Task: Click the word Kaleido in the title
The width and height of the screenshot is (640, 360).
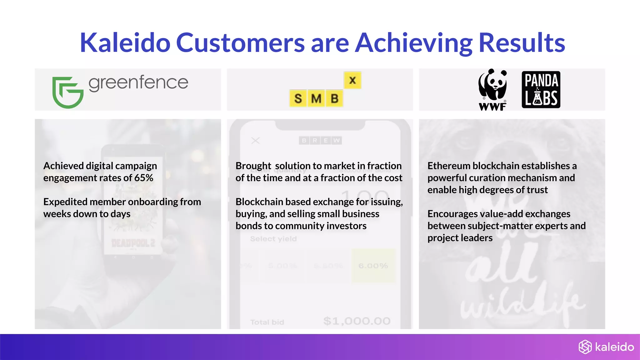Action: [x=125, y=43]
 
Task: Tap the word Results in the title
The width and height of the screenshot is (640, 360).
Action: [x=522, y=43]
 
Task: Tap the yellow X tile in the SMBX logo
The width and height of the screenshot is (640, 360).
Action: [x=352, y=80]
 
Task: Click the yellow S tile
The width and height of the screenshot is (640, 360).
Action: [x=298, y=98]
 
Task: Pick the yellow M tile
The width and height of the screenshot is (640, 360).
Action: [x=316, y=98]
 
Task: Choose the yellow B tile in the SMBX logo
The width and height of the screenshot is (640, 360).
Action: [x=334, y=98]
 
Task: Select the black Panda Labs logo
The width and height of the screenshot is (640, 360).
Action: [x=541, y=90]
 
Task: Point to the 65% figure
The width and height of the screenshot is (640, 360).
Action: [x=144, y=178]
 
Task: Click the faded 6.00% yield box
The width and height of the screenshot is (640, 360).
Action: [x=373, y=266]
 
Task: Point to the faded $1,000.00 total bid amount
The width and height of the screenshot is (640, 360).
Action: [x=357, y=321]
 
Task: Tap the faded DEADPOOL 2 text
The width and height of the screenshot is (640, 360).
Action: [x=133, y=243]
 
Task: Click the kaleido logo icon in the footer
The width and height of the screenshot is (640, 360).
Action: [x=585, y=347]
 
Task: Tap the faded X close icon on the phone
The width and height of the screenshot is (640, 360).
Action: [x=255, y=141]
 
